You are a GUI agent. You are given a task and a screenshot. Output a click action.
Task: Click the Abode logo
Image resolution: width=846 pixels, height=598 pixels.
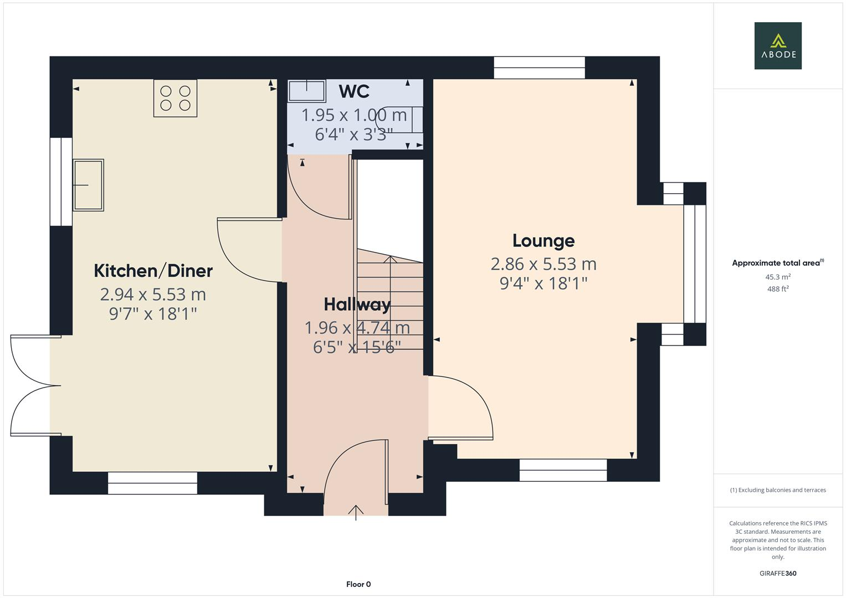777,45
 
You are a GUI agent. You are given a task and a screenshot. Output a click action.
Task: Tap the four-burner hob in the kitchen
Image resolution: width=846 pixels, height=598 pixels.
175,98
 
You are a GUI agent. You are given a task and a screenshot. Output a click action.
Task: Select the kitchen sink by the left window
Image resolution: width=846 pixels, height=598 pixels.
88,185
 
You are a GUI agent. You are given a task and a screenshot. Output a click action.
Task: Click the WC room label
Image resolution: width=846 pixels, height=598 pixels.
354,91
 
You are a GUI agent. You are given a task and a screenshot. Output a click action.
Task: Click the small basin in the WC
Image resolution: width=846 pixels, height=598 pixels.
306,91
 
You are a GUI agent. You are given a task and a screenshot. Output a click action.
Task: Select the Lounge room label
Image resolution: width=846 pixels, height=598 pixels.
543,240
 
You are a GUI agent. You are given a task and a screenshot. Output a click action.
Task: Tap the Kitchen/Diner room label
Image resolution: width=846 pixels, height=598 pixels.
153,271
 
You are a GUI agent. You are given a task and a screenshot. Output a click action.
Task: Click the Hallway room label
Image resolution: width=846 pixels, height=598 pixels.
357,304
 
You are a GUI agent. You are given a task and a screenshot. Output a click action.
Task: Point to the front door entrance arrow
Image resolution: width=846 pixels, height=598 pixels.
356,512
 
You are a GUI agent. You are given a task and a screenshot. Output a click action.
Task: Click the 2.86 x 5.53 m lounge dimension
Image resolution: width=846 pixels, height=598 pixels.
543,264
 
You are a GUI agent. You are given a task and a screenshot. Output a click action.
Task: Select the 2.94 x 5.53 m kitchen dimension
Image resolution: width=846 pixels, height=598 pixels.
153,294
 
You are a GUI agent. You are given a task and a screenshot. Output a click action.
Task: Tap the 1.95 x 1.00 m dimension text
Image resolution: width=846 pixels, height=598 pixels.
354,115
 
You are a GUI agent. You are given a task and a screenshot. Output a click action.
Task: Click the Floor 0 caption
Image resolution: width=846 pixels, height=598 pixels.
358,584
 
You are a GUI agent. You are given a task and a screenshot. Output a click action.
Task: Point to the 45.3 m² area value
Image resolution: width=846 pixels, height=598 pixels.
777,277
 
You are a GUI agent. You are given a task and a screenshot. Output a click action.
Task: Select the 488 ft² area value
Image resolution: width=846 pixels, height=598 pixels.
777,289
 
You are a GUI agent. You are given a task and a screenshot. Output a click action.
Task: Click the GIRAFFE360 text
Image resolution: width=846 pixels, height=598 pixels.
777,573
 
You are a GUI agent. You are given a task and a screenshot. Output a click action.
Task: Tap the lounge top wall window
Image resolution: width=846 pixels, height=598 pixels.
539,68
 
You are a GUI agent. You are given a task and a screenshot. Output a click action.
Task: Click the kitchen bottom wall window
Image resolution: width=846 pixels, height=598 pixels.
152,483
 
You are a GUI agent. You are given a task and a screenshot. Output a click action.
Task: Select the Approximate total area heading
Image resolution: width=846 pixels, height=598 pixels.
777,263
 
